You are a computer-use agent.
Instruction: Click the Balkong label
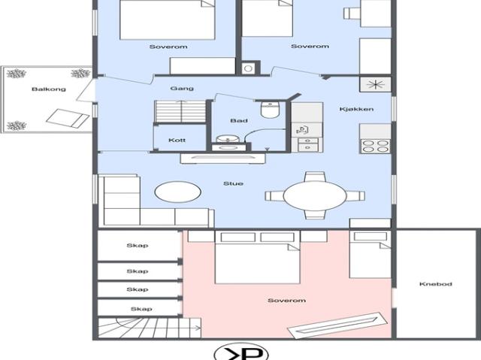click(x=49, y=89)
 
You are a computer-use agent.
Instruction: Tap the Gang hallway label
click(x=182, y=89)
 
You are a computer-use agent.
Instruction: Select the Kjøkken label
click(x=356, y=109)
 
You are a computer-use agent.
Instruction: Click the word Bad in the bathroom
click(x=239, y=121)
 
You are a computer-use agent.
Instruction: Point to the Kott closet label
click(x=177, y=140)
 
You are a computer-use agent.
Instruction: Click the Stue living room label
click(x=234, y=183)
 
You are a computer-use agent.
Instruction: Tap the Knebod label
click(x=436, y=284)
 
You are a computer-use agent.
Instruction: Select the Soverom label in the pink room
click(x=286, y=301)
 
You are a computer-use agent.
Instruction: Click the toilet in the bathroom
click(x=270, y=110)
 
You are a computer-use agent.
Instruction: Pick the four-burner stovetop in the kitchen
click(x=375, y=146)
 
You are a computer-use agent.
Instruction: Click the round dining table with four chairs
click(x=315, y=195)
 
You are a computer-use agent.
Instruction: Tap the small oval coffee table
click(x=178, y=192)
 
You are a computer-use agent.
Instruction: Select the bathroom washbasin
click(x=228, y=140)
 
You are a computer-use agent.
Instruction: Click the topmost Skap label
click(x=138, y=246)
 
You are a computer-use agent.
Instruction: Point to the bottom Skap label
click(x=141, y=309)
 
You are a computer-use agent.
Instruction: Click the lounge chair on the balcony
click(x=68, y=118)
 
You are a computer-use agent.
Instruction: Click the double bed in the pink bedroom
click(x=257, y=257)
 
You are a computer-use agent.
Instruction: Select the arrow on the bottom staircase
click(x=196, y=328)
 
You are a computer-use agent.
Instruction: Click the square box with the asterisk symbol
click(x=376, y=84)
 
